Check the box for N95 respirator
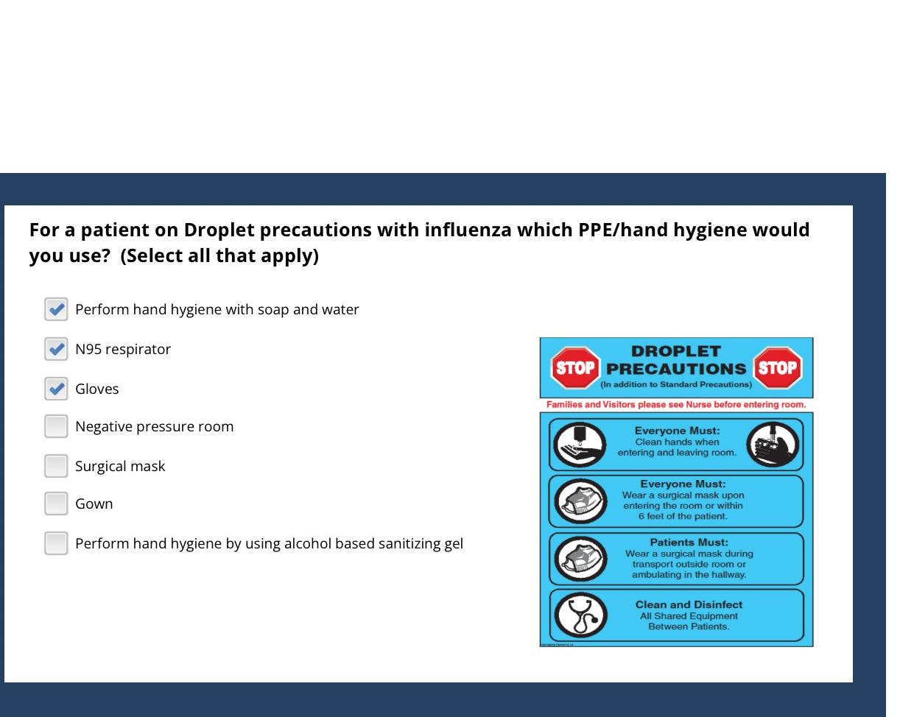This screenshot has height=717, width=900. tap(56, 349)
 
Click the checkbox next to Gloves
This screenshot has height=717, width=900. tap(56, 389)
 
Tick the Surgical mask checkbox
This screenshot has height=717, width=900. tap(56, 466)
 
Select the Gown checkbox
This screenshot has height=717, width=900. tap(56, 504)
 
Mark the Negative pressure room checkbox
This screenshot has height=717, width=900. tap(56, 426)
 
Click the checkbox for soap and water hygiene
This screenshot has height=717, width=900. tap(56, 309)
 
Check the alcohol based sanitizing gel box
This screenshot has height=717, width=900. tap(56, 543)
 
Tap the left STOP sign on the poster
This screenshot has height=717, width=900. tap(575, 367)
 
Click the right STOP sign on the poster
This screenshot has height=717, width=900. tap(778, 367)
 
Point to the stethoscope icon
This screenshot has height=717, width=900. tap(580, 615)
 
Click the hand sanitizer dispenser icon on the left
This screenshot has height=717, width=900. tap(580, 445)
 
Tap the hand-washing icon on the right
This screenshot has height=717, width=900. tap(772, 445)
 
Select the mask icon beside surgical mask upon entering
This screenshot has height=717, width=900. tap(580, 501)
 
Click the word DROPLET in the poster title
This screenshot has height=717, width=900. tap(675, 351)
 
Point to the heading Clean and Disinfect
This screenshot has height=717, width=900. tap(689, 604)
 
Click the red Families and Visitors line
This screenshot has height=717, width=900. tap(675, 405)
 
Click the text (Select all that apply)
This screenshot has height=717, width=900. tap(219, 256)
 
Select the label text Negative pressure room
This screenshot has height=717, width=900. tap(154, 427)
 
